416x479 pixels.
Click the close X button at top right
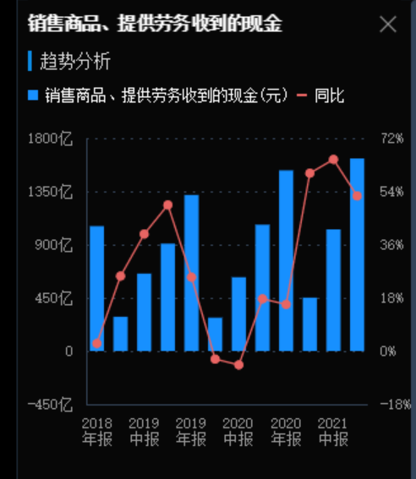pos(388,24)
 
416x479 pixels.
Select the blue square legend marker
pos(34,95)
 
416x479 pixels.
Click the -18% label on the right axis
pos(391,404)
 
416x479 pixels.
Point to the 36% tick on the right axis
pos(391,245)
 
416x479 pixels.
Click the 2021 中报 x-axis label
pos(333,431)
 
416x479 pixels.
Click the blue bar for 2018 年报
pos(96,287)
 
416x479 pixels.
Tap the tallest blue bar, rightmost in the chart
pos(357,253)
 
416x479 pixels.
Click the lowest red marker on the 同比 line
pos(238,365)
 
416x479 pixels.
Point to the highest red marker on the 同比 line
pos(333,159)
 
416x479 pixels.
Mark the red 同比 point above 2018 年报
pos(96,344)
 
